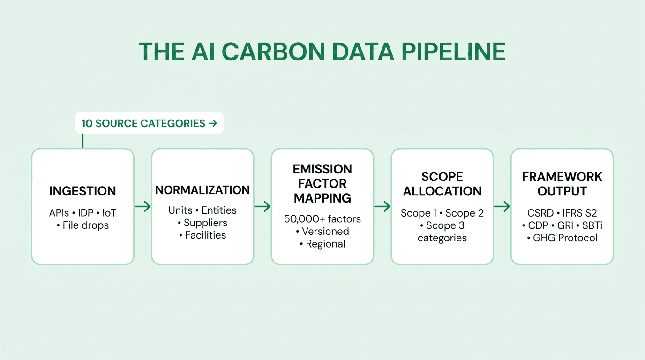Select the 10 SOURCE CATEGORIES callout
tap(149, 123)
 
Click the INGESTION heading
tap(82, 191)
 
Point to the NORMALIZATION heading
tap(202, 190)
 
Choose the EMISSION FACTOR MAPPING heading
tap(322, 183)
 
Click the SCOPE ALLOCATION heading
tap(442, 184)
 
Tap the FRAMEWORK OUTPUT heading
tap(562, 184)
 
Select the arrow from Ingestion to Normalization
tap(142, 206)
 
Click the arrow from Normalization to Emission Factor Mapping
tap(262, 206)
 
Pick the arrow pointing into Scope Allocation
tap(382, 206)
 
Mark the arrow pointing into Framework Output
tap(502, 206)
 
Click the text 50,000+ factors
tap(322, 218)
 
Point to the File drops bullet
tap(85, 225)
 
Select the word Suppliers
tap(205, 223)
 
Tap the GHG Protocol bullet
tap(564, 238)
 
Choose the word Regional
tap(325, 244)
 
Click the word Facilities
tap(205, 235)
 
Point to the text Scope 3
tap(444, 225)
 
